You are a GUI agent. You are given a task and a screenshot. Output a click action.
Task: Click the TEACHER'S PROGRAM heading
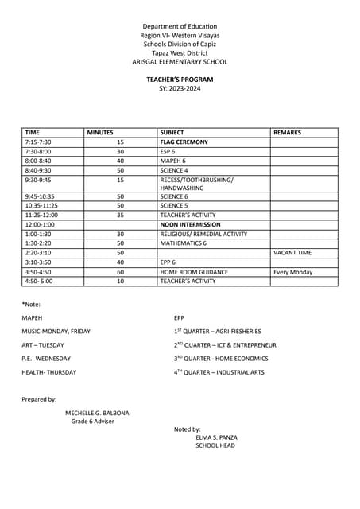click(x=180, y=80)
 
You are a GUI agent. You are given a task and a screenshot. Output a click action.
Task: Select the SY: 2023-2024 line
click(x=180, y=88)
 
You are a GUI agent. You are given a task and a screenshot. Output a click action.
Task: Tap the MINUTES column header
click(x=100, y=133)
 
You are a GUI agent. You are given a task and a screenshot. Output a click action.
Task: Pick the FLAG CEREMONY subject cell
click(x=184, y=142)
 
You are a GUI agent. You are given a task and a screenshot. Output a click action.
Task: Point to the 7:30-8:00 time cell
click(x=38, y=151)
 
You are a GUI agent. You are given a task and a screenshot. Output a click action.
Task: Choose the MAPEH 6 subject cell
click(x=172, y=161)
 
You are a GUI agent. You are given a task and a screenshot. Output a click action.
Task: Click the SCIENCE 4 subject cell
click(x=174, y=170)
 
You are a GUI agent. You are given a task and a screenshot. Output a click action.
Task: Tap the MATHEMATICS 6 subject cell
click(x=184, y=243)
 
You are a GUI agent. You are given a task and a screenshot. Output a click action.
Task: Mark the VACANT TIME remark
click(x=292, y=253)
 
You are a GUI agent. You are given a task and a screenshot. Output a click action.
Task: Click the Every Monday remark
click(x=292, y=272)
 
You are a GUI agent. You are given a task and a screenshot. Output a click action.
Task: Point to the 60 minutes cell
click(x=121, y=272)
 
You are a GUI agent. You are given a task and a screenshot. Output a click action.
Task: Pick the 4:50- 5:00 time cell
click(x=39, y=282)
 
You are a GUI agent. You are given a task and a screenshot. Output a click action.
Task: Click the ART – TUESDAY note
click(x=43, y=345)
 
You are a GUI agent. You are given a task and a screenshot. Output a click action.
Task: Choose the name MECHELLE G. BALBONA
click(x=97, y=413)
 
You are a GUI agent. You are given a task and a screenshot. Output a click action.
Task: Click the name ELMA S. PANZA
click(x=216, y=437)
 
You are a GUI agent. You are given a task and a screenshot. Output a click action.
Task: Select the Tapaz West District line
click(x=180, y=52)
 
